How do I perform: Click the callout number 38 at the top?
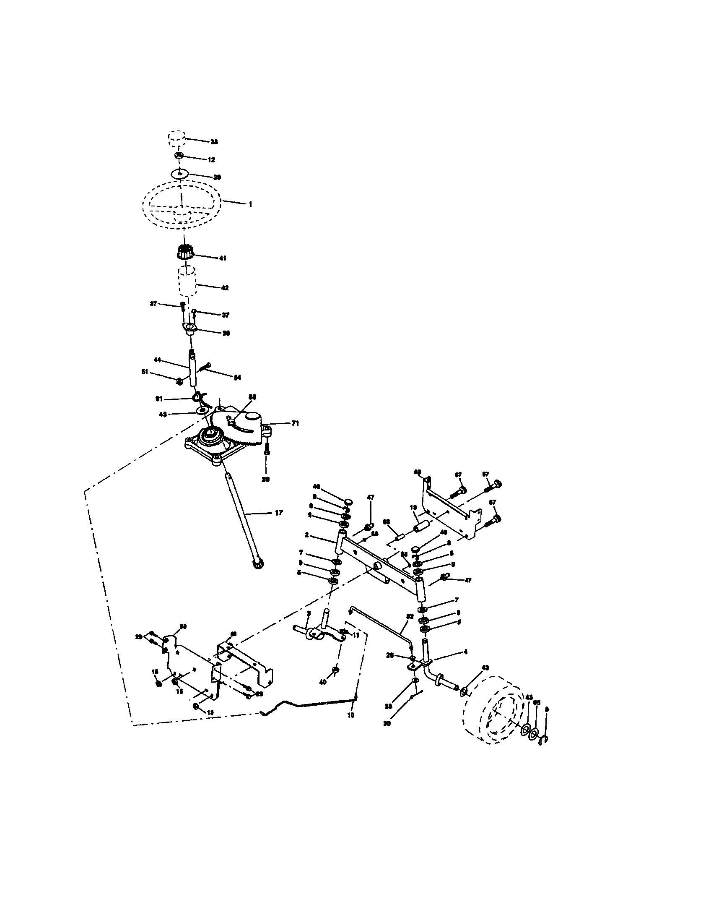[x=215, y=142]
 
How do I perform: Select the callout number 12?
[x=211, y=160]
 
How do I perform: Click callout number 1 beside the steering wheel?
[x=250, y=204]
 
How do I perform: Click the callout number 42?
[x=224, y=288]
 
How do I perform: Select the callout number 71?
[x=295, y=423]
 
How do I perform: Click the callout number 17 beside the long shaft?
[x=279, y=513]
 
